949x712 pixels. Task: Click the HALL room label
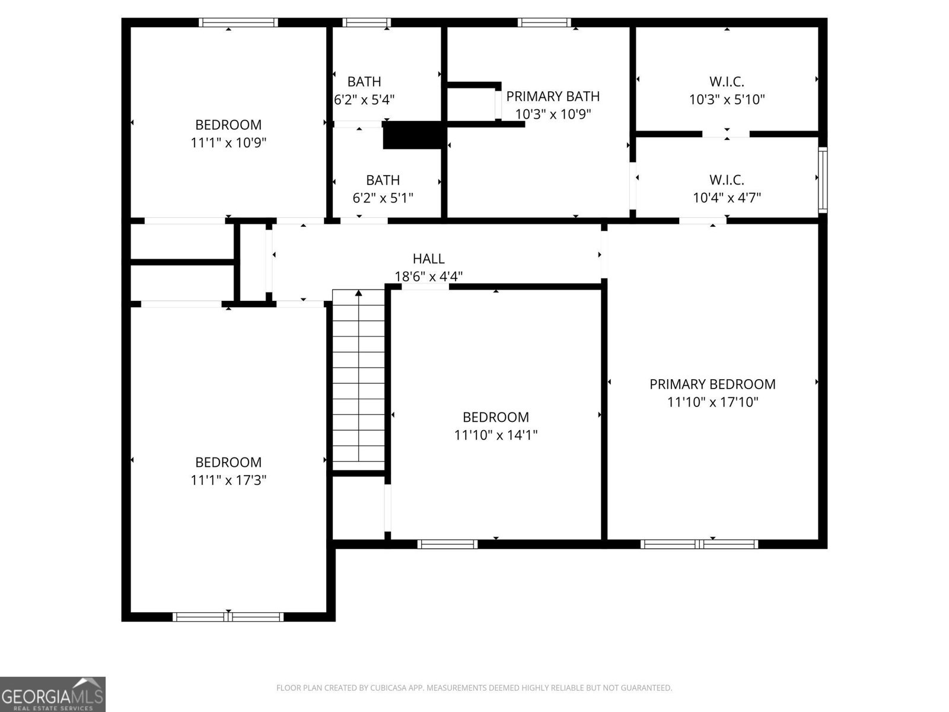(x=428, y=259)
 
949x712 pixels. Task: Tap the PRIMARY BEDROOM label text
(x=712, y=384)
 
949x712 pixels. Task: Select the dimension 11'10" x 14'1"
(x=496, y=435)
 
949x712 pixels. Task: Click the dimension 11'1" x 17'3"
(x=228, y=480)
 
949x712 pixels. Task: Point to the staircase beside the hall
(x=358, y=380)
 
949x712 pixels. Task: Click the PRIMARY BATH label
(x=553, y=96)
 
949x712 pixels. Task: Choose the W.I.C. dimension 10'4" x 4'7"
(x=727, y=198)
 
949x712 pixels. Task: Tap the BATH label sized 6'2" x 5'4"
(x=364, y=82)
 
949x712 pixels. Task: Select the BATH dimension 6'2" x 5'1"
(x=383, y=198)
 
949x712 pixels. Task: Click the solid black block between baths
(x=413, y=135)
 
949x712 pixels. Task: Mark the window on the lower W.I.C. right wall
(x=823, y=180)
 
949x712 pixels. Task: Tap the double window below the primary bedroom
(x=699, y=543)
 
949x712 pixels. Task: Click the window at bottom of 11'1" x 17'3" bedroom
(x=228, y=617)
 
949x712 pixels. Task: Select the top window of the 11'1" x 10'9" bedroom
(x=238, y=23)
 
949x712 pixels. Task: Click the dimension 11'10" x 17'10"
(x=712, y=402)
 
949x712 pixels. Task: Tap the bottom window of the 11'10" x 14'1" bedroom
(x=447, y=543)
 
